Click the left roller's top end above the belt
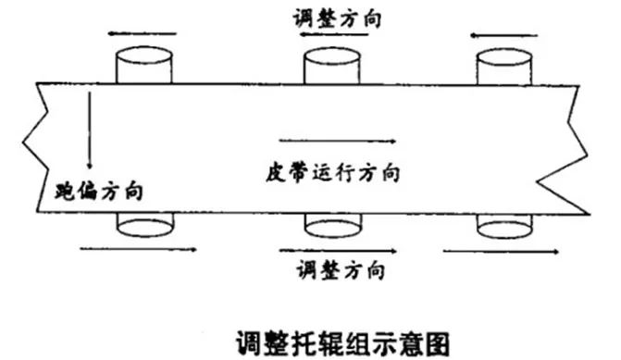(143, 67)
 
